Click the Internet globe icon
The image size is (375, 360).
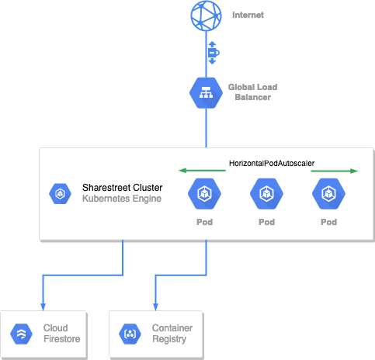coord(206,16)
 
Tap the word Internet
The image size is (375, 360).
coord(248,15)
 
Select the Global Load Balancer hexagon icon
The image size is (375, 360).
coord(206,93)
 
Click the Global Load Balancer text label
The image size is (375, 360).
coord(252,92)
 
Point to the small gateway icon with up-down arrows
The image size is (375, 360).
coord(213,53)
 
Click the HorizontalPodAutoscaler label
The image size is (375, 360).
coord(272,163)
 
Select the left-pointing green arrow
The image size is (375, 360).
coord(202,171)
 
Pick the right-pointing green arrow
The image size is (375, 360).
coord(335,171)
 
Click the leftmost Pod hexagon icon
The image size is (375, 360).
coord(204,194)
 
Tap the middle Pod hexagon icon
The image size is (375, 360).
coord(266,194)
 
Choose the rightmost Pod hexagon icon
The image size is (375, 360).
coord(328,194)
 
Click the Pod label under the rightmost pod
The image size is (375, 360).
coord(328,222)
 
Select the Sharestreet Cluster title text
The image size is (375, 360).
coord(123,188)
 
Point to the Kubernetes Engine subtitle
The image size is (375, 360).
coord(122,199)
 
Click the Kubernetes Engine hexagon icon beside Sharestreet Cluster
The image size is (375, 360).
coord(60,194)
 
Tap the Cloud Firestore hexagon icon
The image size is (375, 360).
coord(21,334)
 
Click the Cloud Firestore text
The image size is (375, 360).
coord(61,334)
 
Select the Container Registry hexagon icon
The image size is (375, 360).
coord(130,334)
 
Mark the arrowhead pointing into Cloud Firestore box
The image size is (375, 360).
coord(43,306)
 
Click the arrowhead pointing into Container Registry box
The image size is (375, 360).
coord(155,306)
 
